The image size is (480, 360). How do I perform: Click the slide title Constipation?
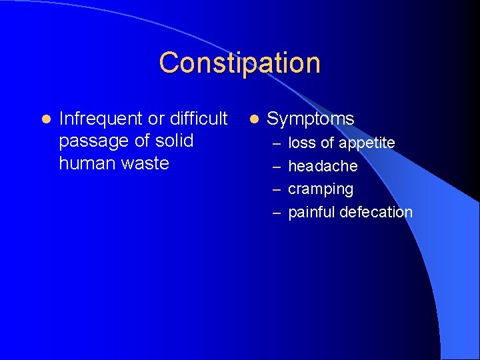pos(239,63)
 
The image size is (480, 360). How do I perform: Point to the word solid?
pos(174,141)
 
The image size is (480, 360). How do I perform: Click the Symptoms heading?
pos(310,119)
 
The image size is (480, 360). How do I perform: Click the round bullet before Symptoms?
pos(253,119)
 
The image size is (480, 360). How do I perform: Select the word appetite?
pos(367,143)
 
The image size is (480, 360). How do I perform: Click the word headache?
pos(323,166)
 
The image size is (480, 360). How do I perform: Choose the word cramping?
pos(321,189)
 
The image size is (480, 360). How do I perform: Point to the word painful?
pos(311,212)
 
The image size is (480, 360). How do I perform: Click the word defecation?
pos(376,212)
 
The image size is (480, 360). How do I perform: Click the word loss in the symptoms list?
pos(301,143)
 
